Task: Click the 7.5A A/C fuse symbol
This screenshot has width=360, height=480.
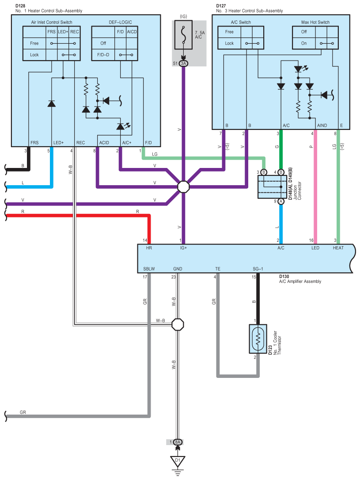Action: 183,34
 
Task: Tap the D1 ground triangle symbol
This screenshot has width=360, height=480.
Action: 178,461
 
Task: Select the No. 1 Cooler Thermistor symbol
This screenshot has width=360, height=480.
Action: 258,339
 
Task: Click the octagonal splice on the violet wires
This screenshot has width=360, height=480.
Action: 183,187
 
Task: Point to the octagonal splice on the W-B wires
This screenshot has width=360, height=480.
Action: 178,324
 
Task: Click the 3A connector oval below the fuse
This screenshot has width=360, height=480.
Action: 183,63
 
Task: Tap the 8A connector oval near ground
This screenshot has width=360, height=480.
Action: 178,442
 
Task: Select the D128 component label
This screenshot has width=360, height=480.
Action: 20,6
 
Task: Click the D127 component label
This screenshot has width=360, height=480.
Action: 221,6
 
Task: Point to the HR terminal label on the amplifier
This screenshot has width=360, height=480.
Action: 149,248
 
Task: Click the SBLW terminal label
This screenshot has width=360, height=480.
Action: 149,269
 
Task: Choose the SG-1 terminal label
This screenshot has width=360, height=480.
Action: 258,269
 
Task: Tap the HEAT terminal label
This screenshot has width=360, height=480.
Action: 338,248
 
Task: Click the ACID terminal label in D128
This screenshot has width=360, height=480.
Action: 104,143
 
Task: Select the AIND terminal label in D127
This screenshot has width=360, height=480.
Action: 322,126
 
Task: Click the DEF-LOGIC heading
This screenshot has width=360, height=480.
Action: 121,23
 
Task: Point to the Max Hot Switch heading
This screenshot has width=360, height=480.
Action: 315,23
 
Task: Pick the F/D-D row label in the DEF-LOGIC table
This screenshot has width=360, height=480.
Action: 103,55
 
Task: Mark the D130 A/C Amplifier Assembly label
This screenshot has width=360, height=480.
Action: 300,279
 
